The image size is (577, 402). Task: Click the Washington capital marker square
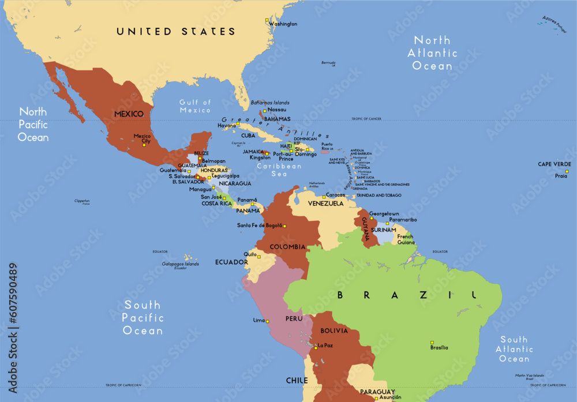[x=267, y=21]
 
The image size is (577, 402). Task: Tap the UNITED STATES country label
[x=176, y=32]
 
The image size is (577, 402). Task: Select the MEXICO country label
[x=129, y=114]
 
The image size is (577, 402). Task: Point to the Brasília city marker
[x=432, y=343]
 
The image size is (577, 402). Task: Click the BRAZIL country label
[x=407, y=295]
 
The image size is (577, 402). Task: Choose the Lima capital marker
[x=267, y=320]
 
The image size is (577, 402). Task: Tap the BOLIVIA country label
[x=334, y=330]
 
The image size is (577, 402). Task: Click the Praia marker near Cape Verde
[x=567, y=171]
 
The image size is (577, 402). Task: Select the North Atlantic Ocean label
[x=433, y=53]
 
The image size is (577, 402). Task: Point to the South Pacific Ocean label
[x=144, y=318]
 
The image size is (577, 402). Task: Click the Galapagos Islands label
[x=181, y=264]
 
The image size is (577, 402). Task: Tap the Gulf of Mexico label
[x=195, y=106]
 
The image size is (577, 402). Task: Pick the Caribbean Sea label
[x=279, y=169]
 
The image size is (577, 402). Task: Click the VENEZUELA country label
[x=325, y=204]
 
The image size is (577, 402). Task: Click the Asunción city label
[x=391, y=397]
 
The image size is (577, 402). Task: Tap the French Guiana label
[x=405, y=239]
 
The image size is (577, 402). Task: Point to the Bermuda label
[x=328, y=62]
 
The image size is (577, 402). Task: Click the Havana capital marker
[x=238, y=123]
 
